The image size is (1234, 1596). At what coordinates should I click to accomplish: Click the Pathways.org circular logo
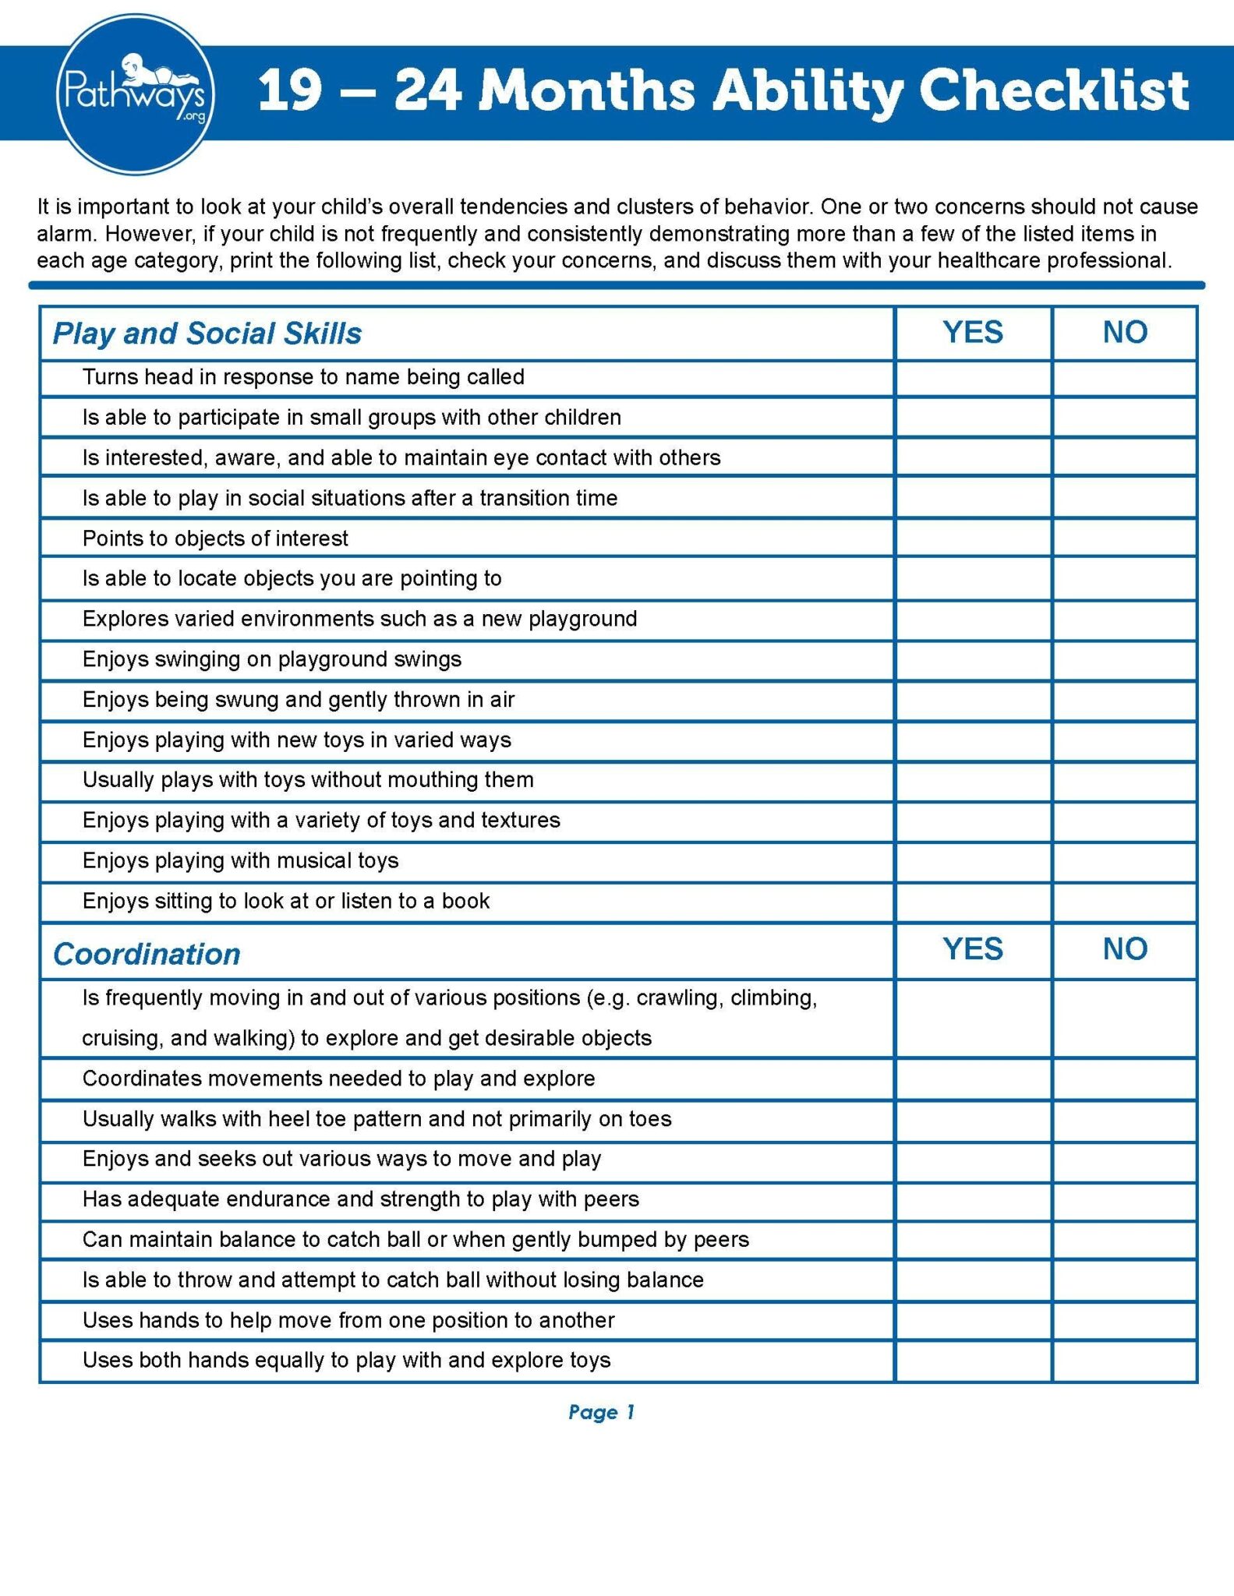[136, 94]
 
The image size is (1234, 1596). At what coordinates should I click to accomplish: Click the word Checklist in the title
[1054, 91]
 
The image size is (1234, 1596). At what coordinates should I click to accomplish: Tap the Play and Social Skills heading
[207, 334]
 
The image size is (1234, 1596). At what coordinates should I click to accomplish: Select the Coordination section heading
[147, 954]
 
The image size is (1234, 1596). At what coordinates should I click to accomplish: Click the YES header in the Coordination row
[972, 949]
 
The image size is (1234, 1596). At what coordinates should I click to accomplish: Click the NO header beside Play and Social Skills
[1124, 333]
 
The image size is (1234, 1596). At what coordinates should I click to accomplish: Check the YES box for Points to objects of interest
[973, 538]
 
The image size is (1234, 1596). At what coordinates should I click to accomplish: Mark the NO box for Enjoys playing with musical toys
[1124, 861]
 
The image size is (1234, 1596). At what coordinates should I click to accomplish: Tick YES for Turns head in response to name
[973, 378]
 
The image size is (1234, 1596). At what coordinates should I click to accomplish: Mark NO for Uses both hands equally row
[1124, 1361]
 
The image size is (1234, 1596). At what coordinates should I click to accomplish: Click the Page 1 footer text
[601, 1412]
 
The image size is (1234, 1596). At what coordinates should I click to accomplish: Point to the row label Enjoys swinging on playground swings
[272, 659]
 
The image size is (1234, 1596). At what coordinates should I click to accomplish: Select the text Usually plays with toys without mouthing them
[308, 780]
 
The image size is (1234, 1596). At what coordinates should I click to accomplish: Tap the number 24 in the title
[427, 91]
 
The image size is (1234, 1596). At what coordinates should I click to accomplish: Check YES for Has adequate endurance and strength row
[973, 1199]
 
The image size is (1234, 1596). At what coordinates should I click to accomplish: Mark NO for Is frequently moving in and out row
[1124, 1018]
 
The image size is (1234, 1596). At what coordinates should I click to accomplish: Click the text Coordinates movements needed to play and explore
[338, 1079]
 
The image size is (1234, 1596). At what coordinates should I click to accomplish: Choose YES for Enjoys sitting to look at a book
[973, 902]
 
